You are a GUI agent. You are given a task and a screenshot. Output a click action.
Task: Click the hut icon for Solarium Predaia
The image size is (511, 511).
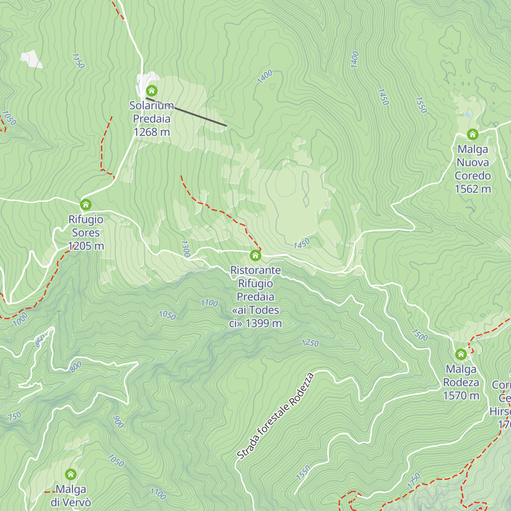click(x=152, y=91)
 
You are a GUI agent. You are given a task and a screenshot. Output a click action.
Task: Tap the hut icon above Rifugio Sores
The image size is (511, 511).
click(x=86, y=205)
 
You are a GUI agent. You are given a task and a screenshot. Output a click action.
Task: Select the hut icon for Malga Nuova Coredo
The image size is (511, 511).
click(x=472, y=135)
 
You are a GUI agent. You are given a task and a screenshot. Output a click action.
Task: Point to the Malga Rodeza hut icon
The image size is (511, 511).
click(x=461, y=354)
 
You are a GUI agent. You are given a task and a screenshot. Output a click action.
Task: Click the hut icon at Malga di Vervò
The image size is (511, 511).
click(x=71, y=474)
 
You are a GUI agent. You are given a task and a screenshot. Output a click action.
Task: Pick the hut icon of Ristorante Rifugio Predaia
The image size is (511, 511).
click(x=255, y=255)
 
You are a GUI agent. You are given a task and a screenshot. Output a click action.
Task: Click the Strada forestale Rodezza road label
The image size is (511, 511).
click(x=276, y=416)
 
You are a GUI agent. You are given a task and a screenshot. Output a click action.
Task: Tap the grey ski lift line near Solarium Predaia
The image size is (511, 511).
click(x=186, y=112)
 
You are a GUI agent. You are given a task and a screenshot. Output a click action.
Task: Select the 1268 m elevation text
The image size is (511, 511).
click(x=152, y=132)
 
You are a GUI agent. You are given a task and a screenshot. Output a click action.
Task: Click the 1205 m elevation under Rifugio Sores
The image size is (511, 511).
click(x=86, y=246)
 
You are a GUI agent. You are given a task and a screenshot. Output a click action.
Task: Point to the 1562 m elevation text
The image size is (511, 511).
click(x=473, y=189)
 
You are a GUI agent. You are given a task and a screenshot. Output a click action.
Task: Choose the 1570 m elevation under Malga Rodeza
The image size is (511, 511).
click(x=461, y=396)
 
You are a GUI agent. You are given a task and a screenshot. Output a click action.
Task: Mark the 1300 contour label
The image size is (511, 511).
click(x=185, y=248)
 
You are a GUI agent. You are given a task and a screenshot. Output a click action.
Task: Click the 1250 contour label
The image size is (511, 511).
click(x=310, y=343)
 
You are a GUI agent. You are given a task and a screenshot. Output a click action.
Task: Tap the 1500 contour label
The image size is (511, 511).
click(x=419, y=335)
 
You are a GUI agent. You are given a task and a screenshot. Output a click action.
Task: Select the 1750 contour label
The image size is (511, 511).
click(x=414, y=480)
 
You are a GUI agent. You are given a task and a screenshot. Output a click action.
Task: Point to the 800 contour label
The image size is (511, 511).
click(x=76, y=367)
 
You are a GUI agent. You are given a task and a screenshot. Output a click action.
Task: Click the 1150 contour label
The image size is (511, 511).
click(x=78, y=60)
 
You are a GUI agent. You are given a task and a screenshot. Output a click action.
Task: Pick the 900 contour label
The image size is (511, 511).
click(x=118, y=422)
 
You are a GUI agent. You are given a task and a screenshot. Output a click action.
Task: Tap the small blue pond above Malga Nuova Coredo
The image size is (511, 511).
click(x=468, y=115)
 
